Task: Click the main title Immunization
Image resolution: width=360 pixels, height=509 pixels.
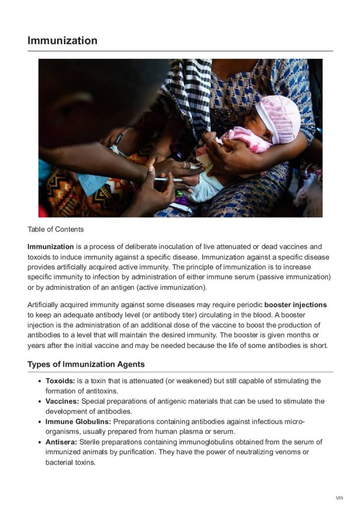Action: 62,40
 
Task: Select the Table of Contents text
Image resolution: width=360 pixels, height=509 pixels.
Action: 56,229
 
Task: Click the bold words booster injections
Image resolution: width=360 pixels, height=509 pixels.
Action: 295,305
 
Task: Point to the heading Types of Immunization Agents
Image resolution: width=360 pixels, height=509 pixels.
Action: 86,364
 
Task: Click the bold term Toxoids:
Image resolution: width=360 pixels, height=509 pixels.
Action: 60,381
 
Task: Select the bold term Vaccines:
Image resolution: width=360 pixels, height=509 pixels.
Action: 62,402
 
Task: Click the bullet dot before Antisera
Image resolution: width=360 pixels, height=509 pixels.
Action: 40,442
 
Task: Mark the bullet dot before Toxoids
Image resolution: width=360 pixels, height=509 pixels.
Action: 40,381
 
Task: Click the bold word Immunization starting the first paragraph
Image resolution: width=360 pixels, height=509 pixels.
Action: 51,247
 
